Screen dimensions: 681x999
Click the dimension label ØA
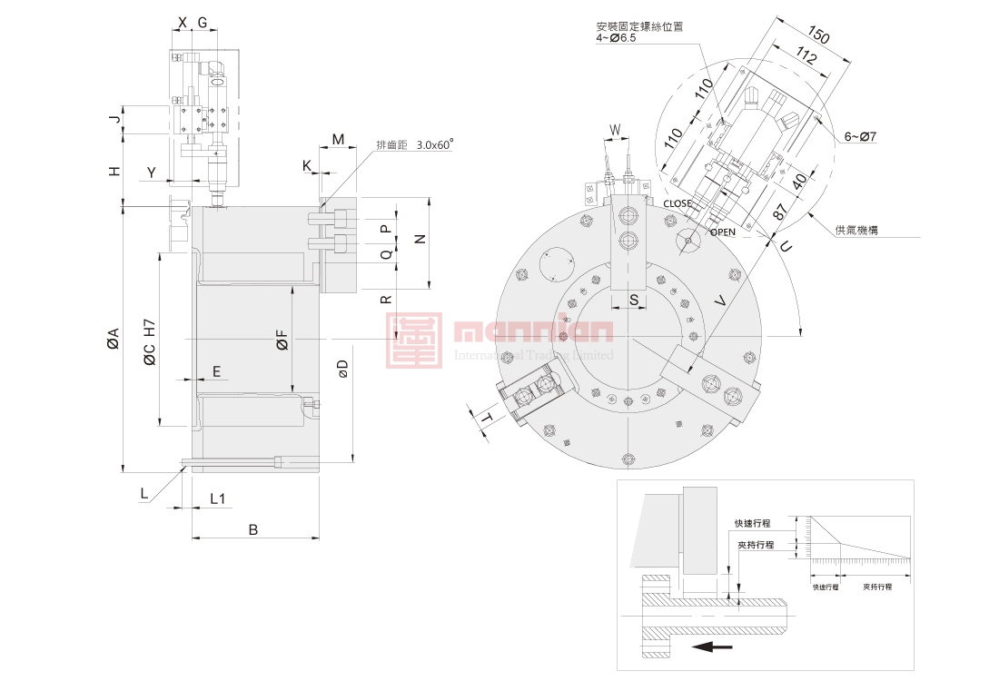tap(113, 338)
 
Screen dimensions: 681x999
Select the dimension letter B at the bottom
tap(254, 529)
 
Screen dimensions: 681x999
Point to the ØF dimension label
tap(282, 340)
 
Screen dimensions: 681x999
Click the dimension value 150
tap(819, 36)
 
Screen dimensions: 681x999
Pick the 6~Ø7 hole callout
tap(860, 136)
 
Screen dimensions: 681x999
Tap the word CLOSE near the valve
tap(678, 204)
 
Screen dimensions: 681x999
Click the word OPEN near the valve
tap(723, 232)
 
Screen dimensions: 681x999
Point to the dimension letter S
tap(634, 298)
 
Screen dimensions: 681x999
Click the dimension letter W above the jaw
tap(615, 130)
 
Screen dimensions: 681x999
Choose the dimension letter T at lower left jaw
tap(488, 419)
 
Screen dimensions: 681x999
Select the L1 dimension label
tap(218, 498)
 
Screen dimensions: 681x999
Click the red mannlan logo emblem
tap(414, 341)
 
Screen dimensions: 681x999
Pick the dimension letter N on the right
tap(419, 239)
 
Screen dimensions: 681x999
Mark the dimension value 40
tap(798, 182)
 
